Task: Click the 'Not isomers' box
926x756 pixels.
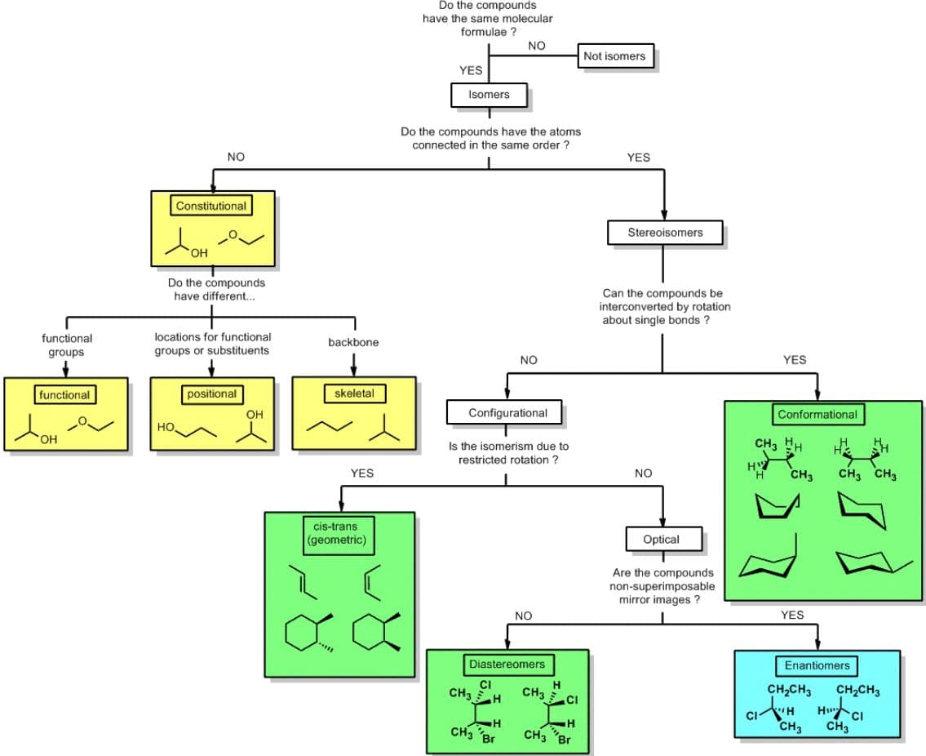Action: [x=615, y=56]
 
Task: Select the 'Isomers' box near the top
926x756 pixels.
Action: [x=489, y=95]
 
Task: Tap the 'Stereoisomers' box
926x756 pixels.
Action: [x=665, y=233]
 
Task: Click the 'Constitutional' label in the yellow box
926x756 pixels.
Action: [x=210, y=206]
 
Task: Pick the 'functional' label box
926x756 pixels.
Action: [x=64, y=394]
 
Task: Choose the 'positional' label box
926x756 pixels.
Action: [x=211, y=394]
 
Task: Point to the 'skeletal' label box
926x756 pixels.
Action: [x=354, y=393]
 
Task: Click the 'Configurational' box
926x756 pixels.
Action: [x=507, y=412]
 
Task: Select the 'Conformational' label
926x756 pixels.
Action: [x=817, y=415]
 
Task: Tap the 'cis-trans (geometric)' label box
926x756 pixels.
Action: [x=339, y=534]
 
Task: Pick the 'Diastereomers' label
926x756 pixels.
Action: [x=507, y=665]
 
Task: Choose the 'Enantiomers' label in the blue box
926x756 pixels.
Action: [x=817, y=665]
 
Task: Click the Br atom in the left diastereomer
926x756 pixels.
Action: [x=489, y=739]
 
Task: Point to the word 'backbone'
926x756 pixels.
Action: [x=353, y=342]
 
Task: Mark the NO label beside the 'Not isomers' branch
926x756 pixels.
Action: [x=537, y=46]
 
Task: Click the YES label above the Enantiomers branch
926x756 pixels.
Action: [x=792, y=615]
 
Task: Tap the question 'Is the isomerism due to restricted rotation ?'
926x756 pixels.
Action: [x=508, y=453]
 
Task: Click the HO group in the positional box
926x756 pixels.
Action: [x=166, y=427]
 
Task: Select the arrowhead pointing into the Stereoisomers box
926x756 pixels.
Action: [x=664, y=216]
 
